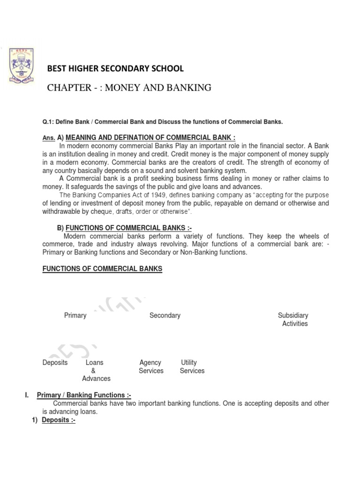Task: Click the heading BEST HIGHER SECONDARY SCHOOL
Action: click(116, 69)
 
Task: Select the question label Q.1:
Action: click(49, 122)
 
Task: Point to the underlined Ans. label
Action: click(49, 138)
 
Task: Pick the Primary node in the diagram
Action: click(75, 315)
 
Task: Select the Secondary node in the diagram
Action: click(165, 315)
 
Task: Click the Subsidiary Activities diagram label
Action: click(293, 319)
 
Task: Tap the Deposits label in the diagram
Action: click(55, 363)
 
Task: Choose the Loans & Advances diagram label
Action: click(95, 371)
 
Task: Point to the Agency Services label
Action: click(151, 366)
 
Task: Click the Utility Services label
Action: click(192, 366)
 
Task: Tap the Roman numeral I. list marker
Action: click(26, 396)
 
